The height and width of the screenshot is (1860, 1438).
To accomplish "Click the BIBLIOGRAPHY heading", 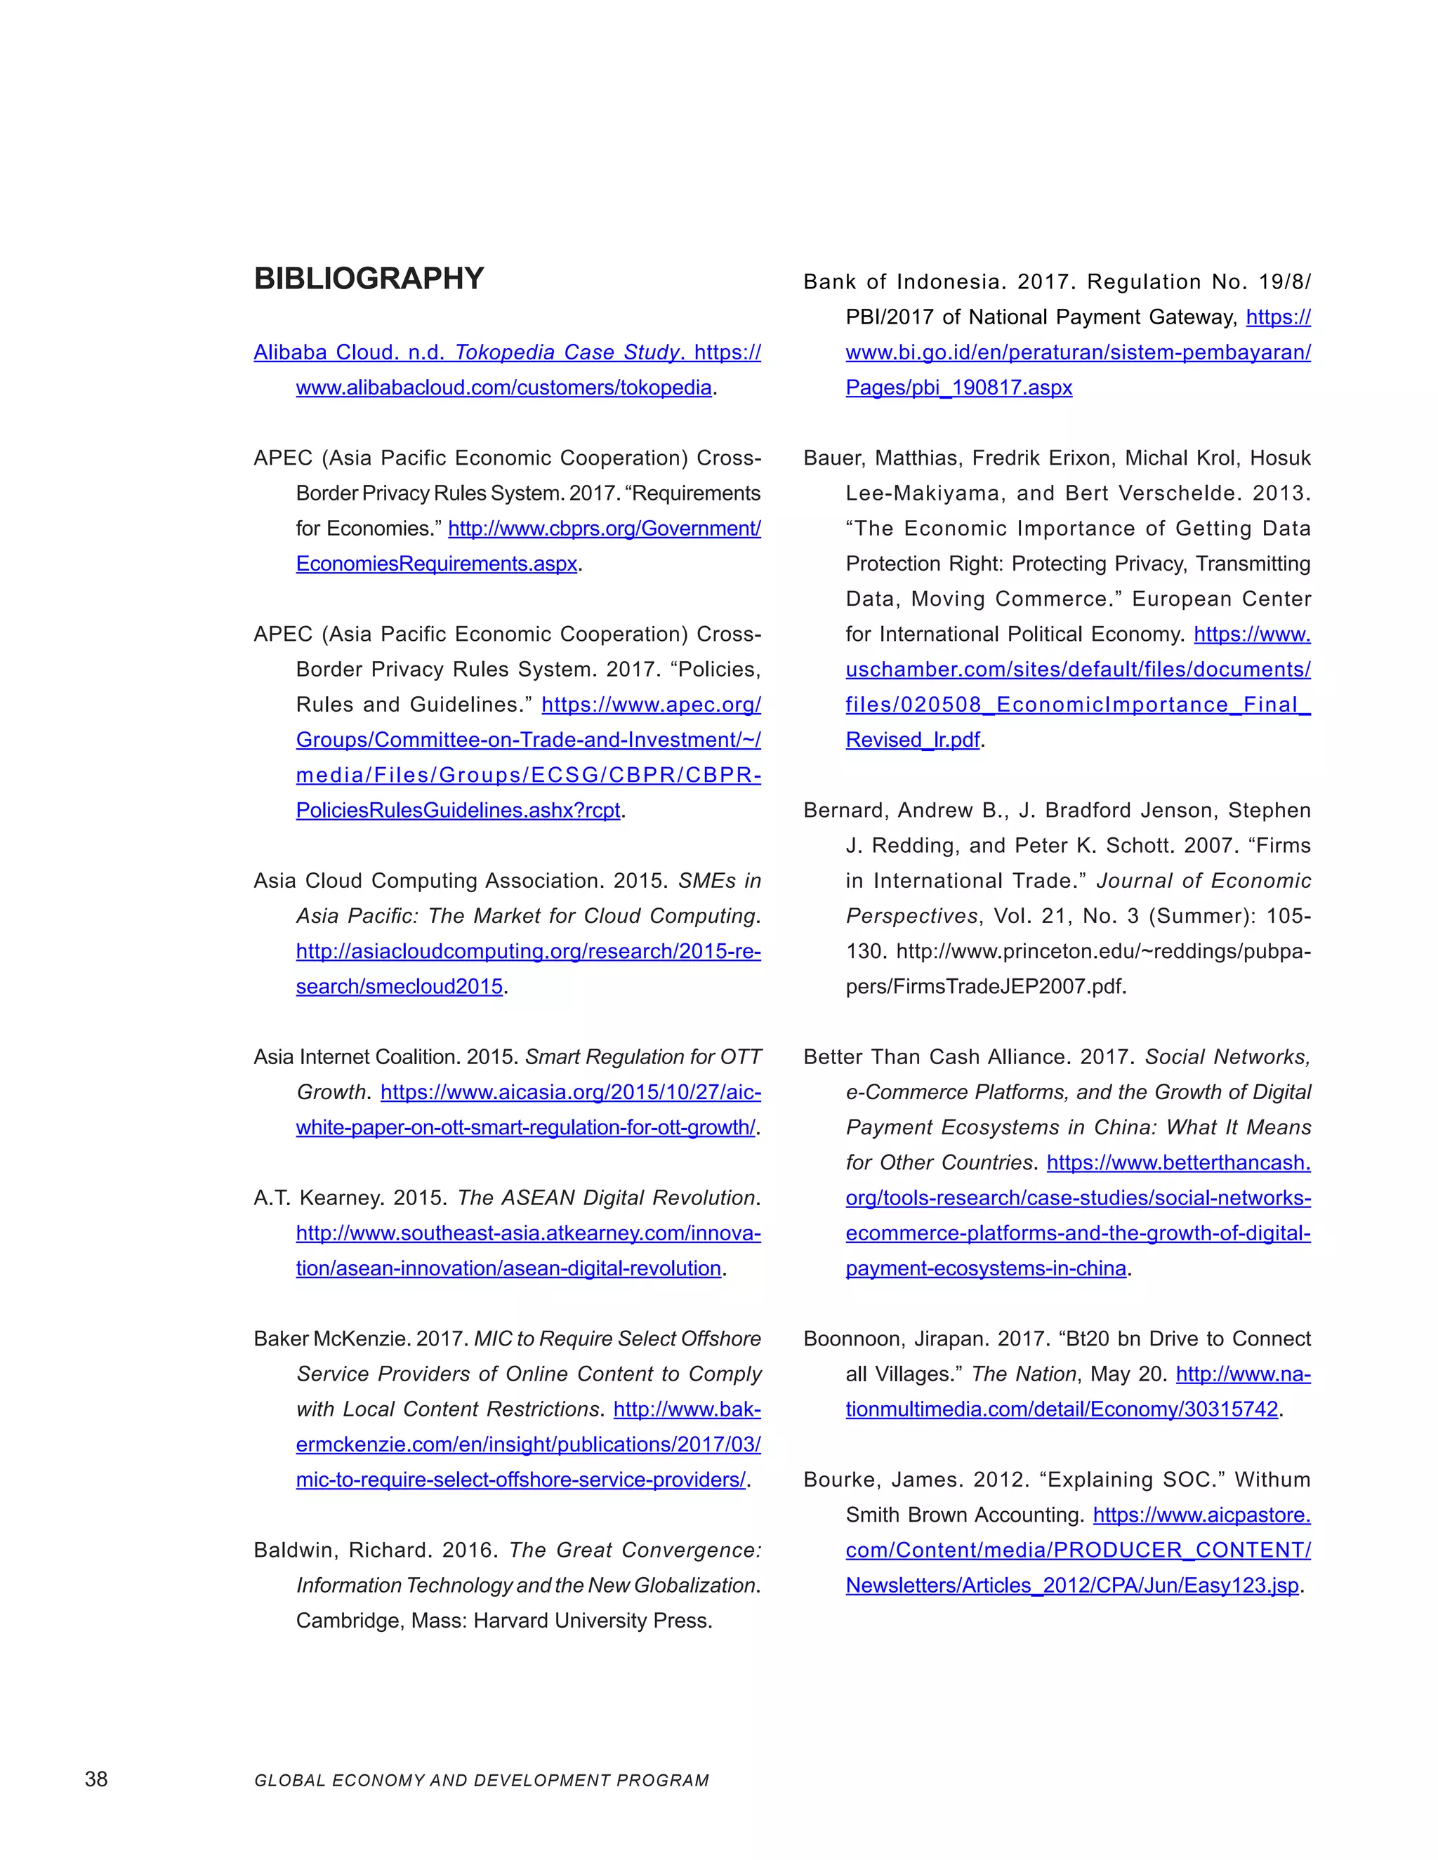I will click(368, 279).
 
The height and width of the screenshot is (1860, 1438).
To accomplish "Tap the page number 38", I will click(96, 1779).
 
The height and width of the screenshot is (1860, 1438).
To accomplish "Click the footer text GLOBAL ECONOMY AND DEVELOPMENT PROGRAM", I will click(481, 1781).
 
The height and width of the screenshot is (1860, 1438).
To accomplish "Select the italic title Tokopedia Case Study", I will click(567, 352).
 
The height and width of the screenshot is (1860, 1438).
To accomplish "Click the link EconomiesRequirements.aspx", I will click(436, 564).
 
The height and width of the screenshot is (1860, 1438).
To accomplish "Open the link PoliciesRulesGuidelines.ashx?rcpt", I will click(458, 810).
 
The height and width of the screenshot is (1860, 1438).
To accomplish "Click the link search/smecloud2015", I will click(399, 986).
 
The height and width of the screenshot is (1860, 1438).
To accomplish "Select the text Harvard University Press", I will click(592, 1620).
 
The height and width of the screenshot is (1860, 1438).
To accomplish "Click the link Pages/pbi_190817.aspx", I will click(958, 387).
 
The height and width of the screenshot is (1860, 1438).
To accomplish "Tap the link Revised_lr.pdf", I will click(912, 739).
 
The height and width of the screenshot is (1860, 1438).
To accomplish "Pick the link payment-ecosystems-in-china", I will click(986, 1268).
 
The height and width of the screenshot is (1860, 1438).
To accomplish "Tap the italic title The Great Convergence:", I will click(635, 1550).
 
